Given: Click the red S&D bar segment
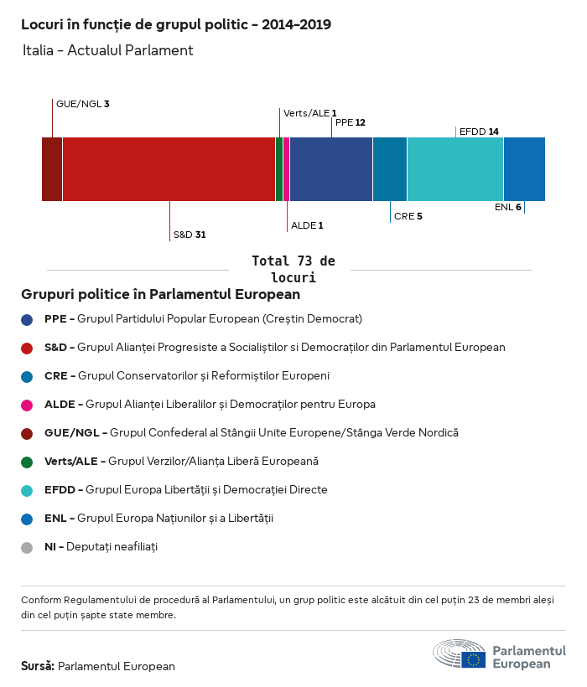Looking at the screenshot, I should [x=169, y=169].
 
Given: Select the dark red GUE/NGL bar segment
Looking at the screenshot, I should [x=52, y=169].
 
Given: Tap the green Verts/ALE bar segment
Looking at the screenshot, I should [x=279, y=169].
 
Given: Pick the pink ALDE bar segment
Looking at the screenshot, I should [x=286, y=169].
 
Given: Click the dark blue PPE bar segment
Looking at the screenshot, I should [x=331, y=169].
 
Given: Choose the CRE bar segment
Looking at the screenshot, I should [x=390, y=169].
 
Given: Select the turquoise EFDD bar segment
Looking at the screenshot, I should [x=455, y=169].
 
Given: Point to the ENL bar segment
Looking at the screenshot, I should [x=524, y=169].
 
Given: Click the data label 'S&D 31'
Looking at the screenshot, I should [x=190, y=235].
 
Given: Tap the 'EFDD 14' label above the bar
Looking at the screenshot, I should [x=479, y=132].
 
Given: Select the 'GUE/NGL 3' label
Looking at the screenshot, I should [x=82, y=104].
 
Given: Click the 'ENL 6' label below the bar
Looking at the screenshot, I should [x=507, y=207].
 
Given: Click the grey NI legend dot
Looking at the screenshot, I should [x=28, y=547].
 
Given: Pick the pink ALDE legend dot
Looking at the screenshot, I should [x=28, y=405].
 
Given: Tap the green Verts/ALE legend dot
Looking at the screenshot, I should [x=28, y=462].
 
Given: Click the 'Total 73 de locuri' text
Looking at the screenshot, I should [x=293, y=269].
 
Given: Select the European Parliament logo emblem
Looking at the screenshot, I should [x=459, y=653].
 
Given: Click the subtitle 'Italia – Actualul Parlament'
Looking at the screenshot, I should [x=108, y=50].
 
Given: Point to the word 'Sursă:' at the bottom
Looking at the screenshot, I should [x=38, y=666].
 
